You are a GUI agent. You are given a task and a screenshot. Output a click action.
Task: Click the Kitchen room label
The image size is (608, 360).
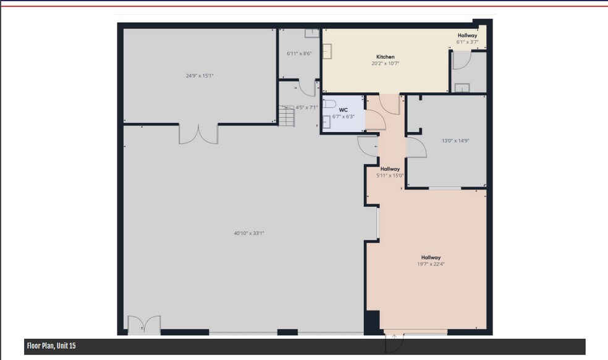pyautogui.click(x=385, y=57)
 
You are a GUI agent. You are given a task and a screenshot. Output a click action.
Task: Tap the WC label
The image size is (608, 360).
pyautogui.click(x=343, y=110)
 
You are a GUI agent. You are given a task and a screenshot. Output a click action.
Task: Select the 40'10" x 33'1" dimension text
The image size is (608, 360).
pyautogui.click(x=249, y=233)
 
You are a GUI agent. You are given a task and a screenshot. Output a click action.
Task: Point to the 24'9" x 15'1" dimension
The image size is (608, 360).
pyautogui.click(x=200, y=76)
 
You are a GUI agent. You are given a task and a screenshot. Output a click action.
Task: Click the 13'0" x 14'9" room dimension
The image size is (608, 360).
pyautogui.click(x=455, y=141)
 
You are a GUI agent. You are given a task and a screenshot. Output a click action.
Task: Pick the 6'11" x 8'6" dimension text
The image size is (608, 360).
pyautogui.click(x=299, y=54)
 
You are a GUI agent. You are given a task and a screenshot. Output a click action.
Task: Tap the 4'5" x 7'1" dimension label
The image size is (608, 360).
pyautogui.click(x=306, y=107)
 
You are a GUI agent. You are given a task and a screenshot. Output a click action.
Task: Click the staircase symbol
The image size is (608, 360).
pyautogui.click(x=287, y=116)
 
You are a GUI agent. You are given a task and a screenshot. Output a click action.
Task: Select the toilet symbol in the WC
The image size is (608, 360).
pyautogui.click(x=329, y=104)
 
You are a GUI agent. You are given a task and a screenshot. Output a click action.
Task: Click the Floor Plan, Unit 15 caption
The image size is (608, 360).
pyautogui.click(x=51, y=346)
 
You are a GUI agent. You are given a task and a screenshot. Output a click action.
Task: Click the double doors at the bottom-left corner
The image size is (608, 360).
pyautogui.click(x=144, y=325)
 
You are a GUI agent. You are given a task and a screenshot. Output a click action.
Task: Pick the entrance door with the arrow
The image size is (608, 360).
pyautogui.click(x=394, y=343)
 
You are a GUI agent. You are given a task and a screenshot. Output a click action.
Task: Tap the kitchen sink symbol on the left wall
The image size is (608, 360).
pyautogui.click(x=327, y=51)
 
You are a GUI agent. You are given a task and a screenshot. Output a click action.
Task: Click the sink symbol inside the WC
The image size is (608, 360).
pyautogui.click(x=326, y=122)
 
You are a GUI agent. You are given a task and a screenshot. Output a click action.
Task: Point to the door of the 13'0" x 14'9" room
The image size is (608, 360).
pyautogui.click(x=416, y=148)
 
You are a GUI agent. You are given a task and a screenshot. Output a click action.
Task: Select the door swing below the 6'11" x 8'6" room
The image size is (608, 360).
pyautogui.click(x=308, y=88)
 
